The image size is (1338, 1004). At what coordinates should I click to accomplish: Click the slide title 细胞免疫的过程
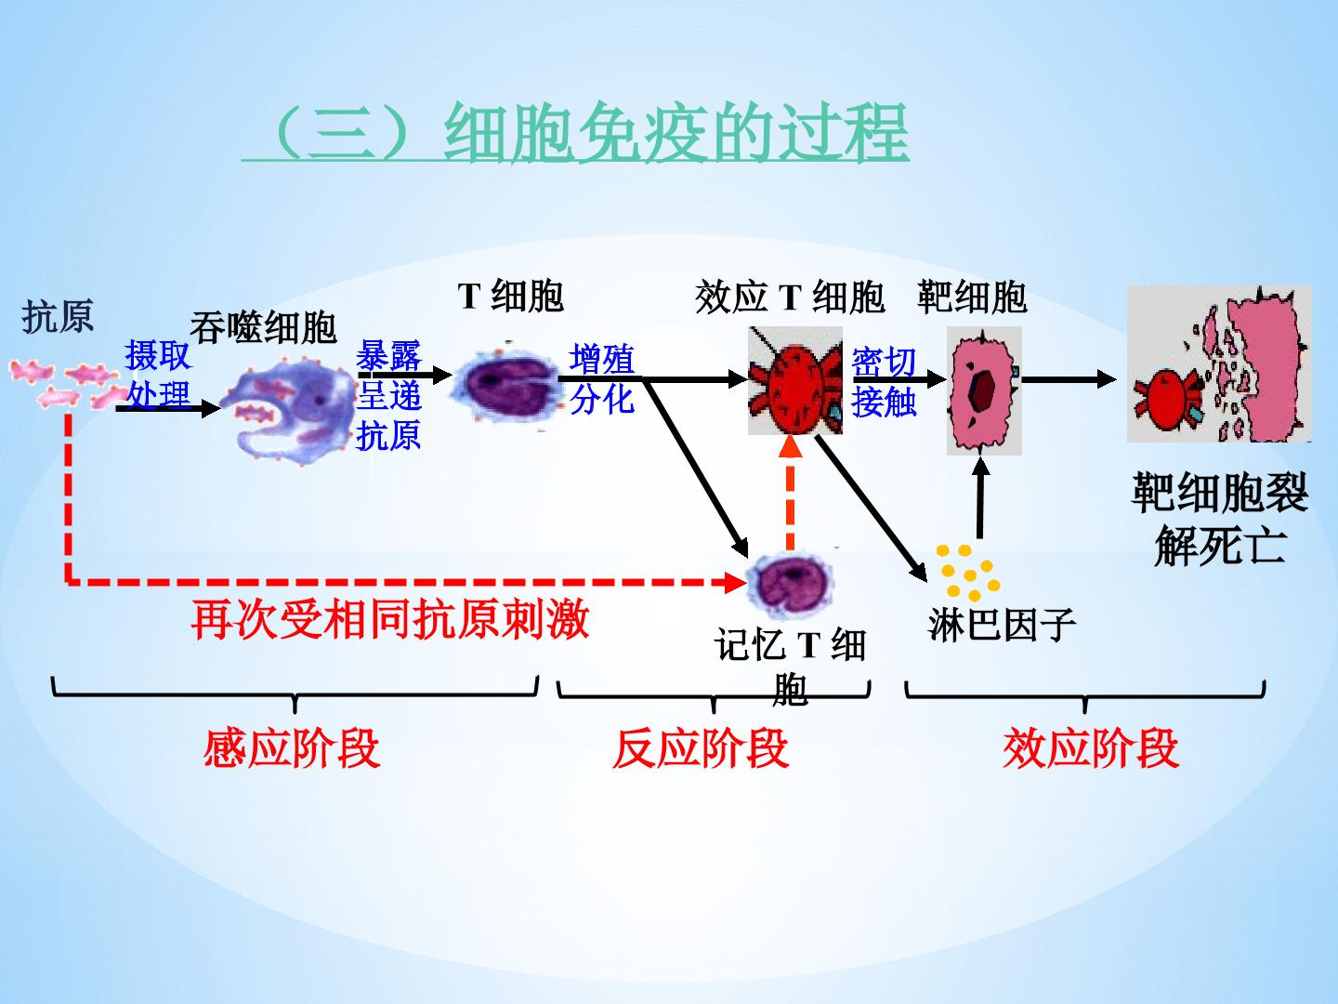[x=576, y=132]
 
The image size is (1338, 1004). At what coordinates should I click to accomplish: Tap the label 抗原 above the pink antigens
[x=58, y=317]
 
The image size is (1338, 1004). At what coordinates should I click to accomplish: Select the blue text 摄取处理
[x=158, y=375]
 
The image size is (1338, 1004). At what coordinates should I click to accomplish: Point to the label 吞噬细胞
[x=263, y=326]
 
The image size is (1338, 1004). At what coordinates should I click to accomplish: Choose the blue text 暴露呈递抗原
[x=388, y=395]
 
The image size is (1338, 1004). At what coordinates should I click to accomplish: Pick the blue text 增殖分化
[x=602, y=378]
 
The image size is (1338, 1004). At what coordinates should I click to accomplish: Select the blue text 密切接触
[x=884, y=381]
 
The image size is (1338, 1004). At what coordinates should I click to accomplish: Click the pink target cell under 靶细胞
[x=983, y=391]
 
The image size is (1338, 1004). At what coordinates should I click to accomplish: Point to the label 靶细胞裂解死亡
[x=1219, y=519]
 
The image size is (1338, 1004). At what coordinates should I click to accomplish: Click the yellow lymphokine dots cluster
[x=967, y=570]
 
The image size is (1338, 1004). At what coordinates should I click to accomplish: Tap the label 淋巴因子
[x=1001, y=624]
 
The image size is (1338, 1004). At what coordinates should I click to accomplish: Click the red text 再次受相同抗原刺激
[x=390, y=618]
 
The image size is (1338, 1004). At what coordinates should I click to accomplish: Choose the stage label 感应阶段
[x=292, y=748]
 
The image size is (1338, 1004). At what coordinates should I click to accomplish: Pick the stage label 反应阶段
[x=701, y=748]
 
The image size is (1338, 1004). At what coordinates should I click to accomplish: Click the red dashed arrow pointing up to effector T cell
[x=790, y=493]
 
